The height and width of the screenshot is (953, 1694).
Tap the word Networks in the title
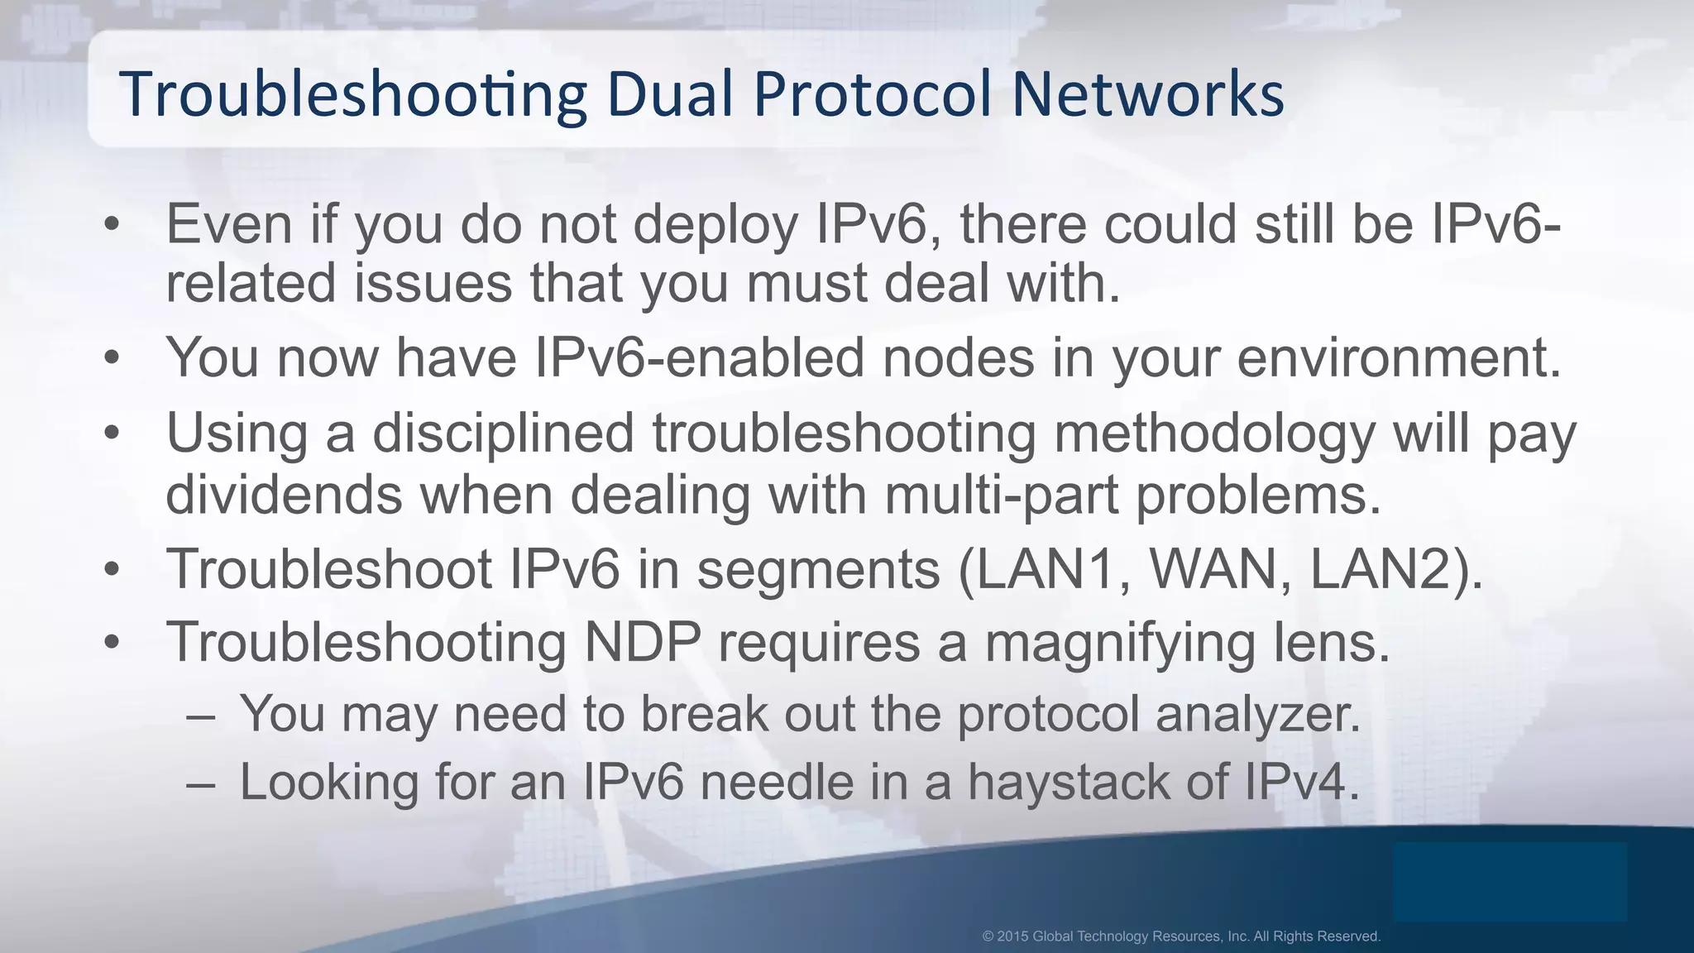click(1148, 93)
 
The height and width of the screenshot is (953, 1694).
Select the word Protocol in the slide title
click(872, 93)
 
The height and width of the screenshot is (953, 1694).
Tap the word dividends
click(284, 494)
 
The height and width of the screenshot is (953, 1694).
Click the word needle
click(777, 782)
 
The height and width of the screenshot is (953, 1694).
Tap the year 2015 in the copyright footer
click(1012, 936)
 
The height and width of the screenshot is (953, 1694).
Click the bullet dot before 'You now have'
click(112, 358)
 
